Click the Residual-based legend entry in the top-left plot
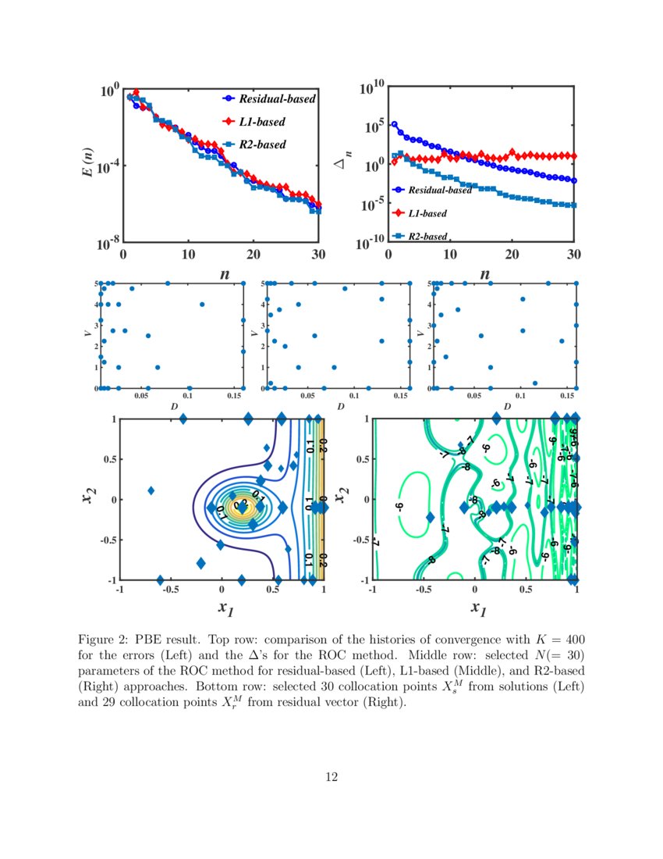276,99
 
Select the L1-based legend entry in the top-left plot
261,122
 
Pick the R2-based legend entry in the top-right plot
427,236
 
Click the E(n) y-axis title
89,162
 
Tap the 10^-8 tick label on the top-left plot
107,244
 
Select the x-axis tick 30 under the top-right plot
574,255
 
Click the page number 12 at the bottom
331,776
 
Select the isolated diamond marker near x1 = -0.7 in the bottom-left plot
151,490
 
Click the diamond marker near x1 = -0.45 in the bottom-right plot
430,517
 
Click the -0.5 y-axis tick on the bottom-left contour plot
108,540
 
